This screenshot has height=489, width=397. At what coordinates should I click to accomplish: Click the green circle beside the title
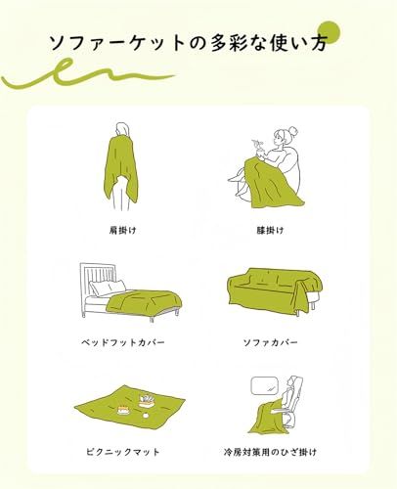pos(329,32)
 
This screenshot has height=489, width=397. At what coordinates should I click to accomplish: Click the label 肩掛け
pos(122,231)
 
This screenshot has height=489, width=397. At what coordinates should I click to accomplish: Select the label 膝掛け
pos(270,231)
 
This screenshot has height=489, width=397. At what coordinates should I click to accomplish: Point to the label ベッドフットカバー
pos(123,342)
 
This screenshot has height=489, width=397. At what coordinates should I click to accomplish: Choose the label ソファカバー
pos(270,342)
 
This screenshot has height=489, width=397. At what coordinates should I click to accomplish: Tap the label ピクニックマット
pos(123,452)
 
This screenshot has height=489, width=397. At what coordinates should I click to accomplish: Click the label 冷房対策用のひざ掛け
pos(270,452)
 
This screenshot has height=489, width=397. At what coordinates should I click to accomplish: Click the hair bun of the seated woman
pos(292,131)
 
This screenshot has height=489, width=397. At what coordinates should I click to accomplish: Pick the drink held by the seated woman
pos(260,148)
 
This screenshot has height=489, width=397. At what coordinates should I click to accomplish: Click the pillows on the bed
pos(108,288)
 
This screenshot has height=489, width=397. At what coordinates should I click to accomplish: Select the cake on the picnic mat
pos(123,410)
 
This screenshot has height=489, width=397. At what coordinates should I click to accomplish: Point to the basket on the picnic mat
pos(147,401)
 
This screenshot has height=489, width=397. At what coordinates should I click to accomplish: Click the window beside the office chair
pos(264,386)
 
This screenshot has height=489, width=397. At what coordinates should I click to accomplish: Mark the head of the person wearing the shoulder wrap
pos(121,128)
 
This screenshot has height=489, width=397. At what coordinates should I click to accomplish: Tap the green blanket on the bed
pos(145,302)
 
